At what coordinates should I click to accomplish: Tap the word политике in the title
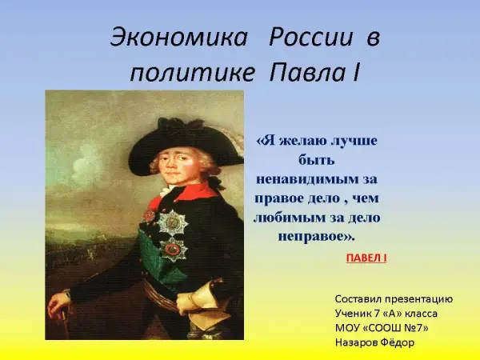click(193, 74)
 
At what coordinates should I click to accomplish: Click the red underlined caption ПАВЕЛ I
click(366, 258)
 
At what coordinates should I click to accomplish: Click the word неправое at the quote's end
click(313, 237)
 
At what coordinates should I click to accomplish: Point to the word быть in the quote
click(316, 159)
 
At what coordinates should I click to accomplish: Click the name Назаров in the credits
click(356, 342)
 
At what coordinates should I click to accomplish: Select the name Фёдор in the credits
click(398, 342)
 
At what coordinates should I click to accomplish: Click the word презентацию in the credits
click(418, 299)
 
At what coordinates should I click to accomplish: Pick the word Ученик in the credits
click(353, 314)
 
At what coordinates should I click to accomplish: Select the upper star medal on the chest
click(173, 222)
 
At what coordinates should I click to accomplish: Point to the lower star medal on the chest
click(172, 250)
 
